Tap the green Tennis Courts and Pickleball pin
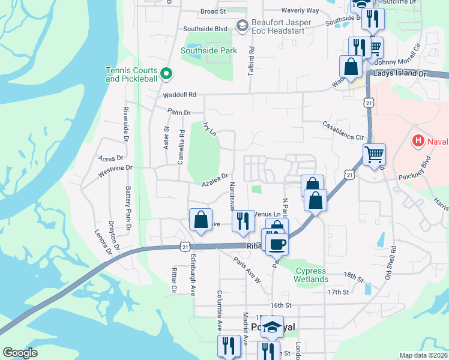pyautogui.click(x=168, y=74)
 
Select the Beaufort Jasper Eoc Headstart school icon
pyautogui.click(x=242, y=25)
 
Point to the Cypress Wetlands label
pyautogui.click(x=312, y=275)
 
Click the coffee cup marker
pyautogui.click(x=277, y=243)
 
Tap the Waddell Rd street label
pyautogui.click(x=179, y=95)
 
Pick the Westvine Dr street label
pyautogui.click(x=115, y=172)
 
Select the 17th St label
pyautogui.click(x=338, y=292)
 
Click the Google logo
pyautogui.click(x=20, y=353)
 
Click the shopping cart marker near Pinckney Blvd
pyautogui.click(x=374, y=155)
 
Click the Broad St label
pyautogui.click(x=212, y=11)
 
